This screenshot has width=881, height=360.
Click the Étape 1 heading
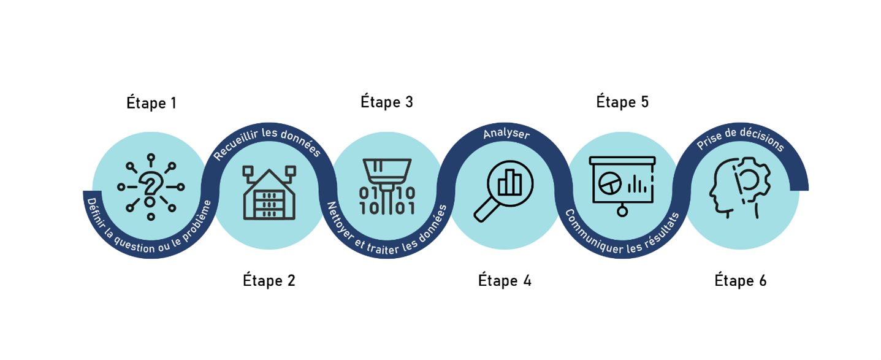coord(151,103)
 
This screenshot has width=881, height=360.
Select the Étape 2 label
coord(269,281)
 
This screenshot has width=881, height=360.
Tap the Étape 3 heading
coord(387,102)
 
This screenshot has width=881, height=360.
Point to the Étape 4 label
coord(505,281)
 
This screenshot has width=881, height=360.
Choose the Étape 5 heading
coord(622,102)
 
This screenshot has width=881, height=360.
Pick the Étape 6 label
coord(741,281)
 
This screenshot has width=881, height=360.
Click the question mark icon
coord(151,186)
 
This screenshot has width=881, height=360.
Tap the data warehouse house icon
coord(269,192)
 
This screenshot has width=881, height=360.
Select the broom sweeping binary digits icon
coord(387,186)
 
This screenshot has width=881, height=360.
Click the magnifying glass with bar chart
coord(504,190)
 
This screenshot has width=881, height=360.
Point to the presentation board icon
coord(622,185)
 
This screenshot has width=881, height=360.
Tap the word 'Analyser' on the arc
coord(506,133)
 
